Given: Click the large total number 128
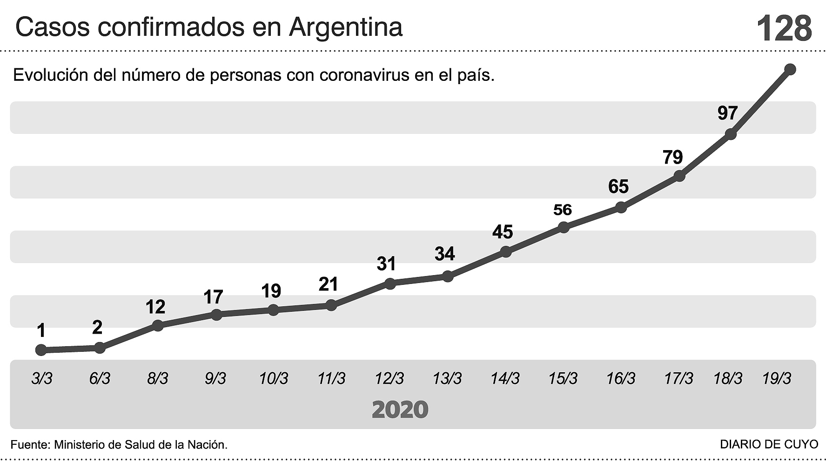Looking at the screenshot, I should [x=784, y=28].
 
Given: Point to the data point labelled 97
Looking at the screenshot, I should [x=731, y=134].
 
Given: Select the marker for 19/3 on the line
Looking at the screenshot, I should [x=790, y=69].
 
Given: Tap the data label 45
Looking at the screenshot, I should [x=503, y=231].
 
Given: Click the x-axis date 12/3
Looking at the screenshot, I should [x=389, y=379].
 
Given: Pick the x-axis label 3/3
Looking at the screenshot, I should [x=42, y=379].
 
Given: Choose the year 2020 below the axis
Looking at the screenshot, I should [x=400, y=409].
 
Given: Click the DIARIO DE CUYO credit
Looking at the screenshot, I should [x=769, y=444].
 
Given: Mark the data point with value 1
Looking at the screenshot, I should [x=41, y=350].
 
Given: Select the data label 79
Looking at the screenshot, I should [x=672, y=158].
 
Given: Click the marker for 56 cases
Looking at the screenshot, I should [x=563, y=227].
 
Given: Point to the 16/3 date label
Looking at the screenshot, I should [x=621, y=379].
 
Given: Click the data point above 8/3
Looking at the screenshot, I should [x=158, y=325].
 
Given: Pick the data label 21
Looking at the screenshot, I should [x=328, y=284].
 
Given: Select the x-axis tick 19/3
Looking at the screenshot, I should [x=777, y=379].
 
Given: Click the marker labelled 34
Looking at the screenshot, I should [x=447, y=277].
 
